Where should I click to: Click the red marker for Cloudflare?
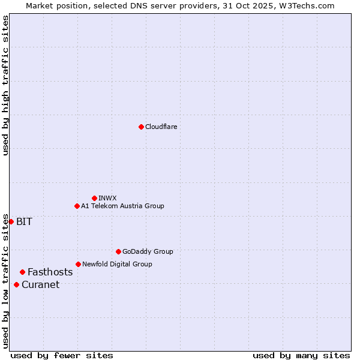coord(141,127)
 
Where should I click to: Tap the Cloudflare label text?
coord(161,127)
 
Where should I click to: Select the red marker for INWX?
coord(94,198)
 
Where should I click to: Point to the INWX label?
coord(107,199)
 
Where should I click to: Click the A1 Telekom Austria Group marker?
coord(77,206)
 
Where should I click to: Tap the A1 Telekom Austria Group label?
coord(122,206)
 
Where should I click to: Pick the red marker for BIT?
coord(11,221)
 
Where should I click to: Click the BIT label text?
coord(24,222)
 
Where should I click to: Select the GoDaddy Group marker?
coord(118,251)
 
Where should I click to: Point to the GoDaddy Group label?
coord(148,252)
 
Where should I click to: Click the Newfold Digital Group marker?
coord(78,264)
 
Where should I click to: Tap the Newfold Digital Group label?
coord(117,265)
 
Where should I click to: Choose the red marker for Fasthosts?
coord(22,272)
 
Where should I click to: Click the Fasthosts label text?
coord(50,272)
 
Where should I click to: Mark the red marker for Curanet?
coord(16,284)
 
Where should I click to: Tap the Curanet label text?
coord(40,285)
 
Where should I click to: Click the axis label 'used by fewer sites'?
coord(62,356)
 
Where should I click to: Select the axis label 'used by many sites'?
coord(301,356)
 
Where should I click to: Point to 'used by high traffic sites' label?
coord(5,85)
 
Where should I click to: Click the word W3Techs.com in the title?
coord(305,5)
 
